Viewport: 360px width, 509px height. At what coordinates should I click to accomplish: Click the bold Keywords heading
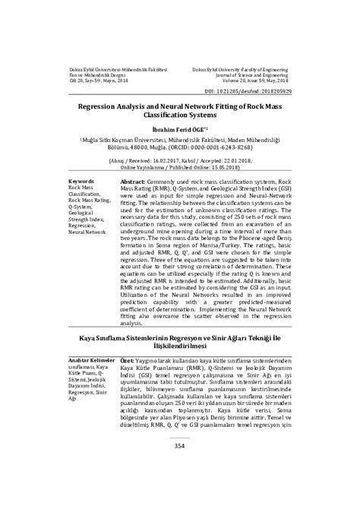tap(81, 182)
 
